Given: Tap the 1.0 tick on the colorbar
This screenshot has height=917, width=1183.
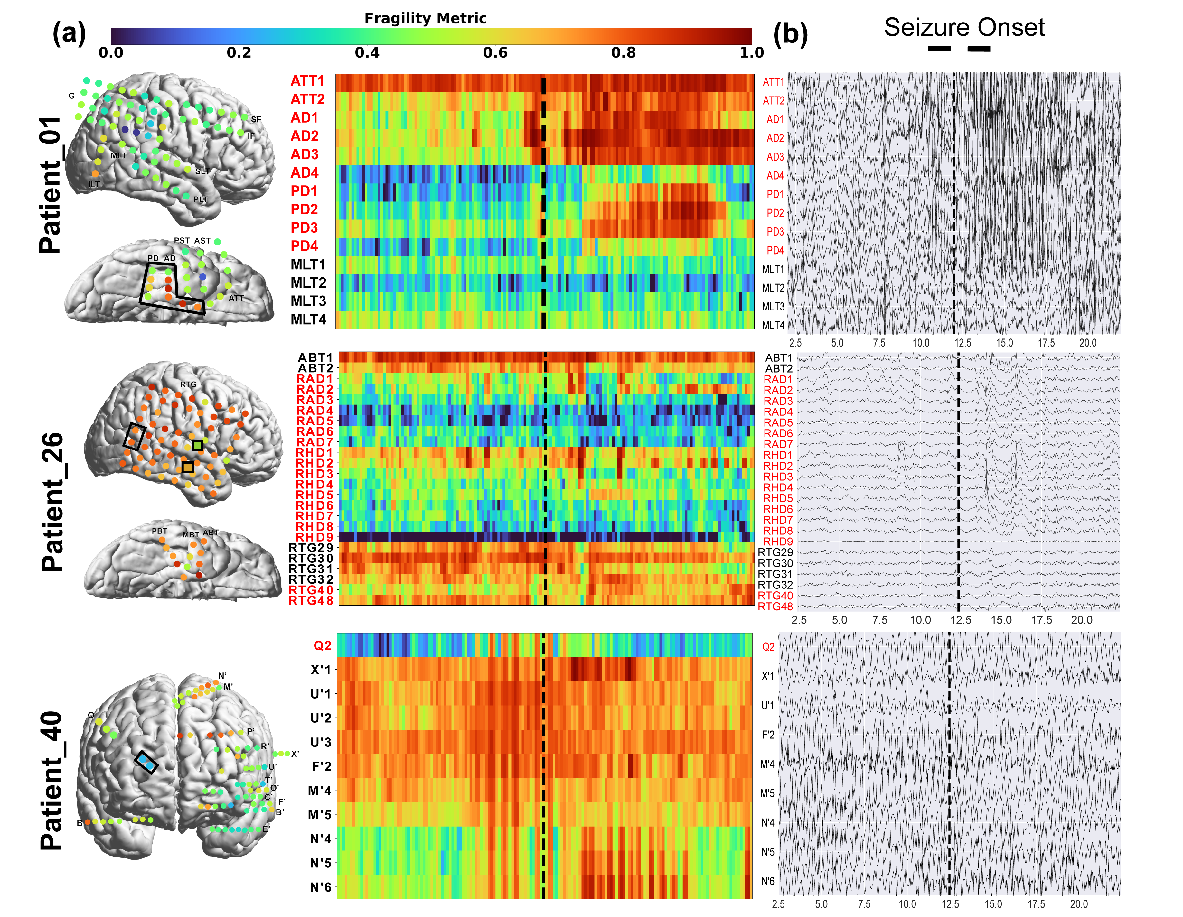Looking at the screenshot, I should click(x=751, y=52).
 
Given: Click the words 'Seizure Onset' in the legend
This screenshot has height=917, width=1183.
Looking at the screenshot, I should click(x=964, y=27).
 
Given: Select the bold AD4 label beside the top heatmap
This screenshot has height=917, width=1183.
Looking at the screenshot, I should click(x=305, y=173).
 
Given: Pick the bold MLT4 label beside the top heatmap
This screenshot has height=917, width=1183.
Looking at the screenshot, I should click(x=308, y=320).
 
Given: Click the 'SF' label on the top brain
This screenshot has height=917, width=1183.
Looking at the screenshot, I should click(x=256, y=120).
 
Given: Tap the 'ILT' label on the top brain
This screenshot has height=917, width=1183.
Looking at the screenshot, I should click(x=94, y=185).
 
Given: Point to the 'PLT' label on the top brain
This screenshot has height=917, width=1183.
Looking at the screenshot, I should click(x=201, y=199).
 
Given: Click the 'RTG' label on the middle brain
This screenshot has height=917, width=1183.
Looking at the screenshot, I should click(x=189, y=384).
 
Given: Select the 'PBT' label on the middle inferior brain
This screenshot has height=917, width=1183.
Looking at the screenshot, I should click(x=159, y=531).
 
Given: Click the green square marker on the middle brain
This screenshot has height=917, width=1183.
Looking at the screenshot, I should click(x=197, y=446).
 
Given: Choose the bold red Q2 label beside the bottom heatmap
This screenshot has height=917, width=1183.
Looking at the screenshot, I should click(x=322, y=645).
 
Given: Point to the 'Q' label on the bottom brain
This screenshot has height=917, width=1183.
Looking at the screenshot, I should click(x=91, y=715).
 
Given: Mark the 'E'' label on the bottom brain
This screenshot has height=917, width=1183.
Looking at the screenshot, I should click(x=266, y=829).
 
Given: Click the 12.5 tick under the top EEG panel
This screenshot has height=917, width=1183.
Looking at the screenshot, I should click(x=962, y=343).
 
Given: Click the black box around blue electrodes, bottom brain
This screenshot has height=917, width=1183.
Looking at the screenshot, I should click(x=146, y=762).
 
